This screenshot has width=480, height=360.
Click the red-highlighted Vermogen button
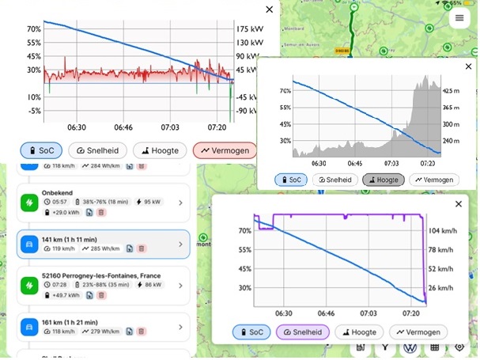coord(225,150)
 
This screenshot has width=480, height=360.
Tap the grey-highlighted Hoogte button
coord(383,180)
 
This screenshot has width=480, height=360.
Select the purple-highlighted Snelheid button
coord(301,332)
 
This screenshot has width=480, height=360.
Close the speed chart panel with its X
coord(459,204)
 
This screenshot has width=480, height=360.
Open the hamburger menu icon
coord(459,17)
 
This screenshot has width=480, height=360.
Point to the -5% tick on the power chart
coord(32,111)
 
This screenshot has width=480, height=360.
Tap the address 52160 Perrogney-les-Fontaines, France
coord(103,276)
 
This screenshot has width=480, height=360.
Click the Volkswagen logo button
coord(410,347)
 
